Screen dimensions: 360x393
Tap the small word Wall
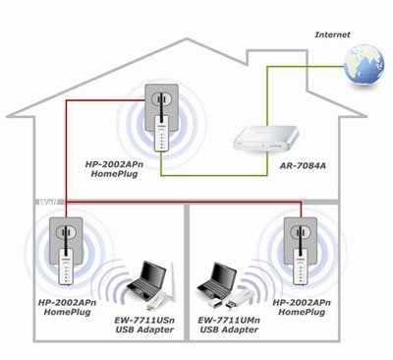[45, 203]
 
